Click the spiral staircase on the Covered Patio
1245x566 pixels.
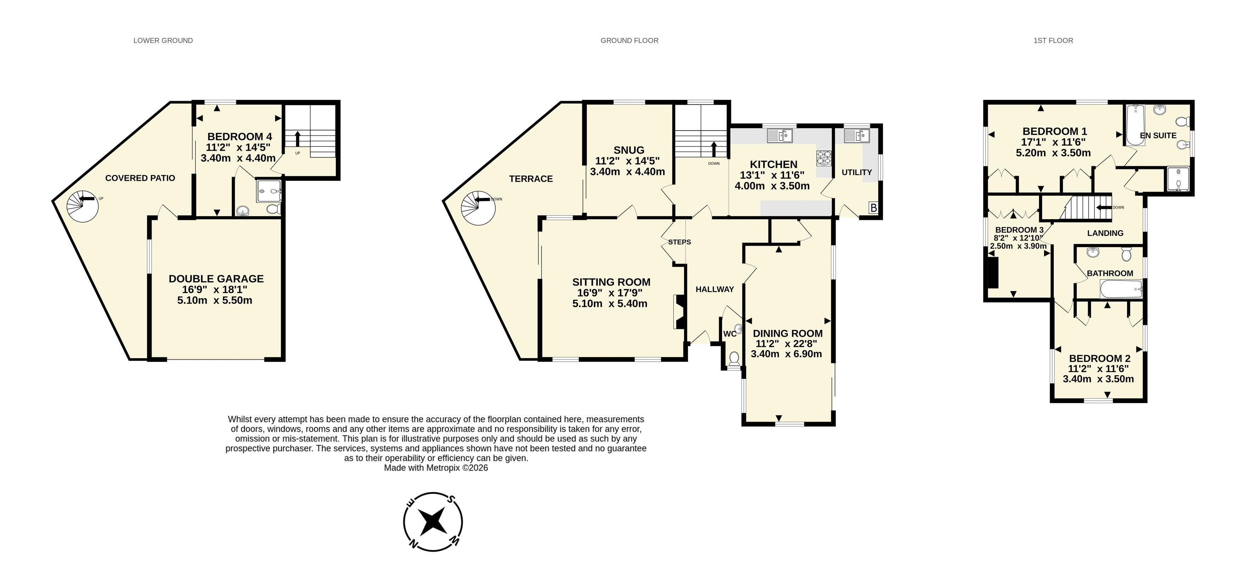click(x=82, y=206)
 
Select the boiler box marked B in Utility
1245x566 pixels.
click(x=873, y=208)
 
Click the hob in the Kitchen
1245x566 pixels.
click(x=824, y=158)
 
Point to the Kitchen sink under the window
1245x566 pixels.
click(x=780, y=136)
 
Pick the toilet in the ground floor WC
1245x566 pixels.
click(x=734, y=359)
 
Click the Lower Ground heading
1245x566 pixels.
click(x=163, y=40)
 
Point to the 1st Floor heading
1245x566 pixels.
click(x=1053, y=40)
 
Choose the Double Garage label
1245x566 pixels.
click(x=216, y=279)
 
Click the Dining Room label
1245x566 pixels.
click(x=788, y=333)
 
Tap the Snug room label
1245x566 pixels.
click(x=629, y=150)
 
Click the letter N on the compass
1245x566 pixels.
click(x=413, y=544)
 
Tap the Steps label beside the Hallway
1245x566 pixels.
click(x=679, y=242)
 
